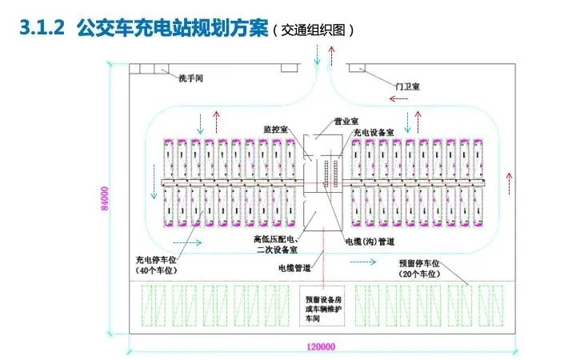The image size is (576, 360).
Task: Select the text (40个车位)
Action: [158, 270]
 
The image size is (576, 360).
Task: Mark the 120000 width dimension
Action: [320, 347]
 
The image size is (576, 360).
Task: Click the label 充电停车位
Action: [158, 260]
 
